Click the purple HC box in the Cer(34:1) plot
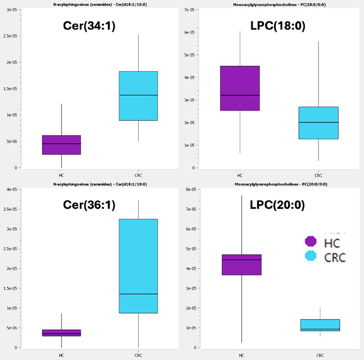point(61,145)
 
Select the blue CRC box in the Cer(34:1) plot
point(138,96)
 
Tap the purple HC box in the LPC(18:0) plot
point(240,88)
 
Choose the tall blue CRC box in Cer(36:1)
point(138,266)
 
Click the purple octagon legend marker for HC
point(311,241)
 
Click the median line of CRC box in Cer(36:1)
point(138,294)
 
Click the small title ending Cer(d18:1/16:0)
point(91,4)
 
